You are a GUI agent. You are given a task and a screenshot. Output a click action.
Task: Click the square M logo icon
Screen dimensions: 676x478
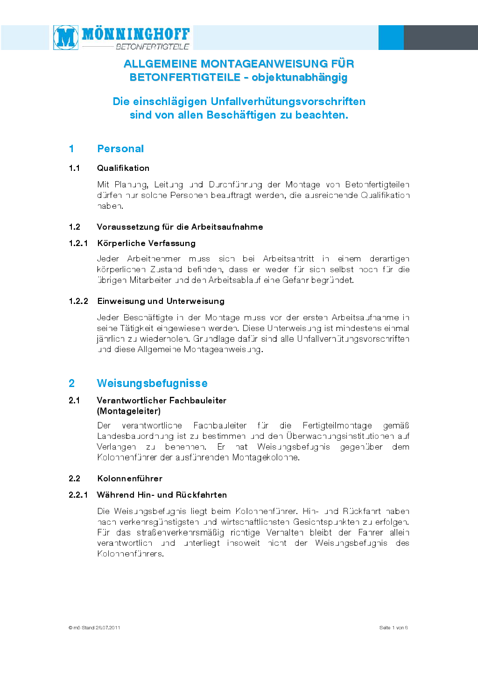[x=66, y=37]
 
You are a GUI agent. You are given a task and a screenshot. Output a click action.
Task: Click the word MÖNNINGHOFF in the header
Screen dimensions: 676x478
[x=136, y=34]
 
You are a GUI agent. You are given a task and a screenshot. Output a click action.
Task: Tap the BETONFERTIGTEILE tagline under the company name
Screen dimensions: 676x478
[x=152, y=47]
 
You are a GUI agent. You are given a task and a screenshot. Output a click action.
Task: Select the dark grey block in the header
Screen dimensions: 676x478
[x=440, y=37]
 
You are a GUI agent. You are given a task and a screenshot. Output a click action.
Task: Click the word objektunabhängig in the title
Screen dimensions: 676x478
[x=299, y=77]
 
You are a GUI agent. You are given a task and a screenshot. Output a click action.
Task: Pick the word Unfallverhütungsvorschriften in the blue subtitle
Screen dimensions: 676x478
[x=288, y=101]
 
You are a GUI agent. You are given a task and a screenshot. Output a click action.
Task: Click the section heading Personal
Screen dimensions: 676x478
[x=120, y=148]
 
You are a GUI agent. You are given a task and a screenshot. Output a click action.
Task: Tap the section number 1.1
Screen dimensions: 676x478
[x=74, y=168]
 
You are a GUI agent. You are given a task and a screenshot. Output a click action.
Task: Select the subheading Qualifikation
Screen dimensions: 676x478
[x=123, y=168]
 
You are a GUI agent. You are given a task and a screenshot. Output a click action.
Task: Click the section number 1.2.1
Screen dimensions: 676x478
[x=78, y=243]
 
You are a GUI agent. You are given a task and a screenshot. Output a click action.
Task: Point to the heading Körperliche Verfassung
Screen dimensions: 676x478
[x=147, y=243]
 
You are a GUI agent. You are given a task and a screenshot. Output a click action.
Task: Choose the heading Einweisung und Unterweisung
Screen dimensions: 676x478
[x=161, y=301]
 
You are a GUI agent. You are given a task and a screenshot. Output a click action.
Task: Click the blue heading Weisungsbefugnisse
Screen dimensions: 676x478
[x=152, y=383]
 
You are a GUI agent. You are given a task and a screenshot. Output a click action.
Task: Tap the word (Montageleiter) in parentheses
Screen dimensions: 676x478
[x=129, y=411]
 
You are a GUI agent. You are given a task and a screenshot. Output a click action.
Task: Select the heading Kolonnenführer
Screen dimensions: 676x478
[x=130, y=479]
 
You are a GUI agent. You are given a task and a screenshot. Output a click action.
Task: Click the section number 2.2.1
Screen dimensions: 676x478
[x=78, y=495]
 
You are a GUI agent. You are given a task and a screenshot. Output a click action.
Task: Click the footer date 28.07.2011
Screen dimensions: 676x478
[x=108, y=628]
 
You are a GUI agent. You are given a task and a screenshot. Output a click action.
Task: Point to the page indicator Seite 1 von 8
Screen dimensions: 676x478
[x=394, y=628]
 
